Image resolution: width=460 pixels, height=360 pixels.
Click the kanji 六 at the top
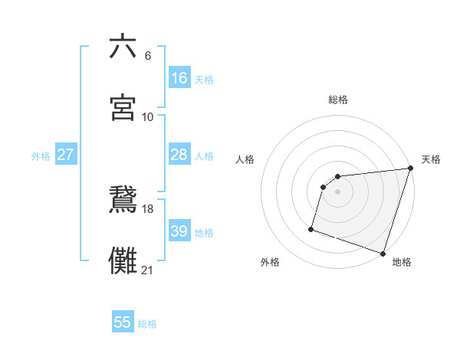click(x=123, y=47)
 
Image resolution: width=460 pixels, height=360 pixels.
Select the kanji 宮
click(x=123, y=108)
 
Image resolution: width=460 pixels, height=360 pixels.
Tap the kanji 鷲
click(x=123, y=201)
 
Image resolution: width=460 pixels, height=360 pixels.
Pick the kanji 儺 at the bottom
click(x=123, y=261)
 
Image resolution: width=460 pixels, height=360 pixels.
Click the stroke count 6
click(x=148, y=56)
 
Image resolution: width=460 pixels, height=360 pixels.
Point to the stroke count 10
click(x=148, y=116)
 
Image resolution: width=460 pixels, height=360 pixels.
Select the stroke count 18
click(x=148, y=209)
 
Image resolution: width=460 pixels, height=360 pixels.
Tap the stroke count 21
click(x=148, y=270)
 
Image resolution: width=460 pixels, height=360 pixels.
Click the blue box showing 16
click(x=179, y=78)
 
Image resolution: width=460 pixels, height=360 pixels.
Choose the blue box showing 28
click(x=179, y=155)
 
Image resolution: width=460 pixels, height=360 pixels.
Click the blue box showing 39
click(x=179, y=231)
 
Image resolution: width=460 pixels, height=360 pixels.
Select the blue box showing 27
click(x=65, y=155)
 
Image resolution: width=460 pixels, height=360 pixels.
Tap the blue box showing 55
click(x=123, y=322)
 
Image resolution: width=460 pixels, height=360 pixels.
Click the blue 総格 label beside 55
click(x=147, y=324)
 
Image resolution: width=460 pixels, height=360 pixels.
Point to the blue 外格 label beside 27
click(x=41, y=156)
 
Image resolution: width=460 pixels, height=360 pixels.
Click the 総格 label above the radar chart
click(x=338, y=100)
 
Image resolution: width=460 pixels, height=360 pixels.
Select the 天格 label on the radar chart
click(x=431, y=159)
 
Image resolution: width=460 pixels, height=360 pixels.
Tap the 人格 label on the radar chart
click(x=245, y=159)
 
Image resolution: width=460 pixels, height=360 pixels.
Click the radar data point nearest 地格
click(x=383, y=253)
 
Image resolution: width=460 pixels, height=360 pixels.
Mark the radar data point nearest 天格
click(x=410, y=169)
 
